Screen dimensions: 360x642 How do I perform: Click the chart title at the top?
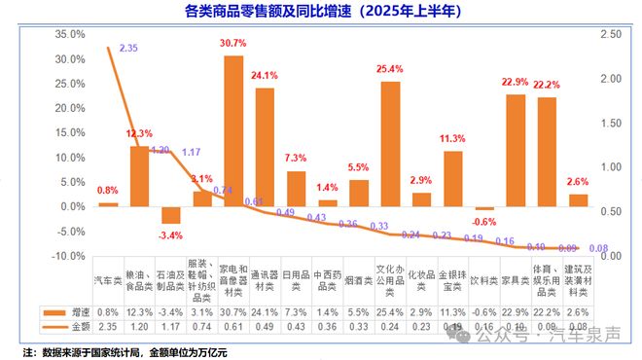[321, 13]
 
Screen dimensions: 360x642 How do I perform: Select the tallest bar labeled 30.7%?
[233, 130]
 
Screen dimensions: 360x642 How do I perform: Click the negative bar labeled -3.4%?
[171, 215]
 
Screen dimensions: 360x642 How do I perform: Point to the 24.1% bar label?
[264, 74]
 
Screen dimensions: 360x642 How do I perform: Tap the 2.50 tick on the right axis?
[612, 34]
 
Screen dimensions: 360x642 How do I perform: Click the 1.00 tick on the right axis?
[612, 167]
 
